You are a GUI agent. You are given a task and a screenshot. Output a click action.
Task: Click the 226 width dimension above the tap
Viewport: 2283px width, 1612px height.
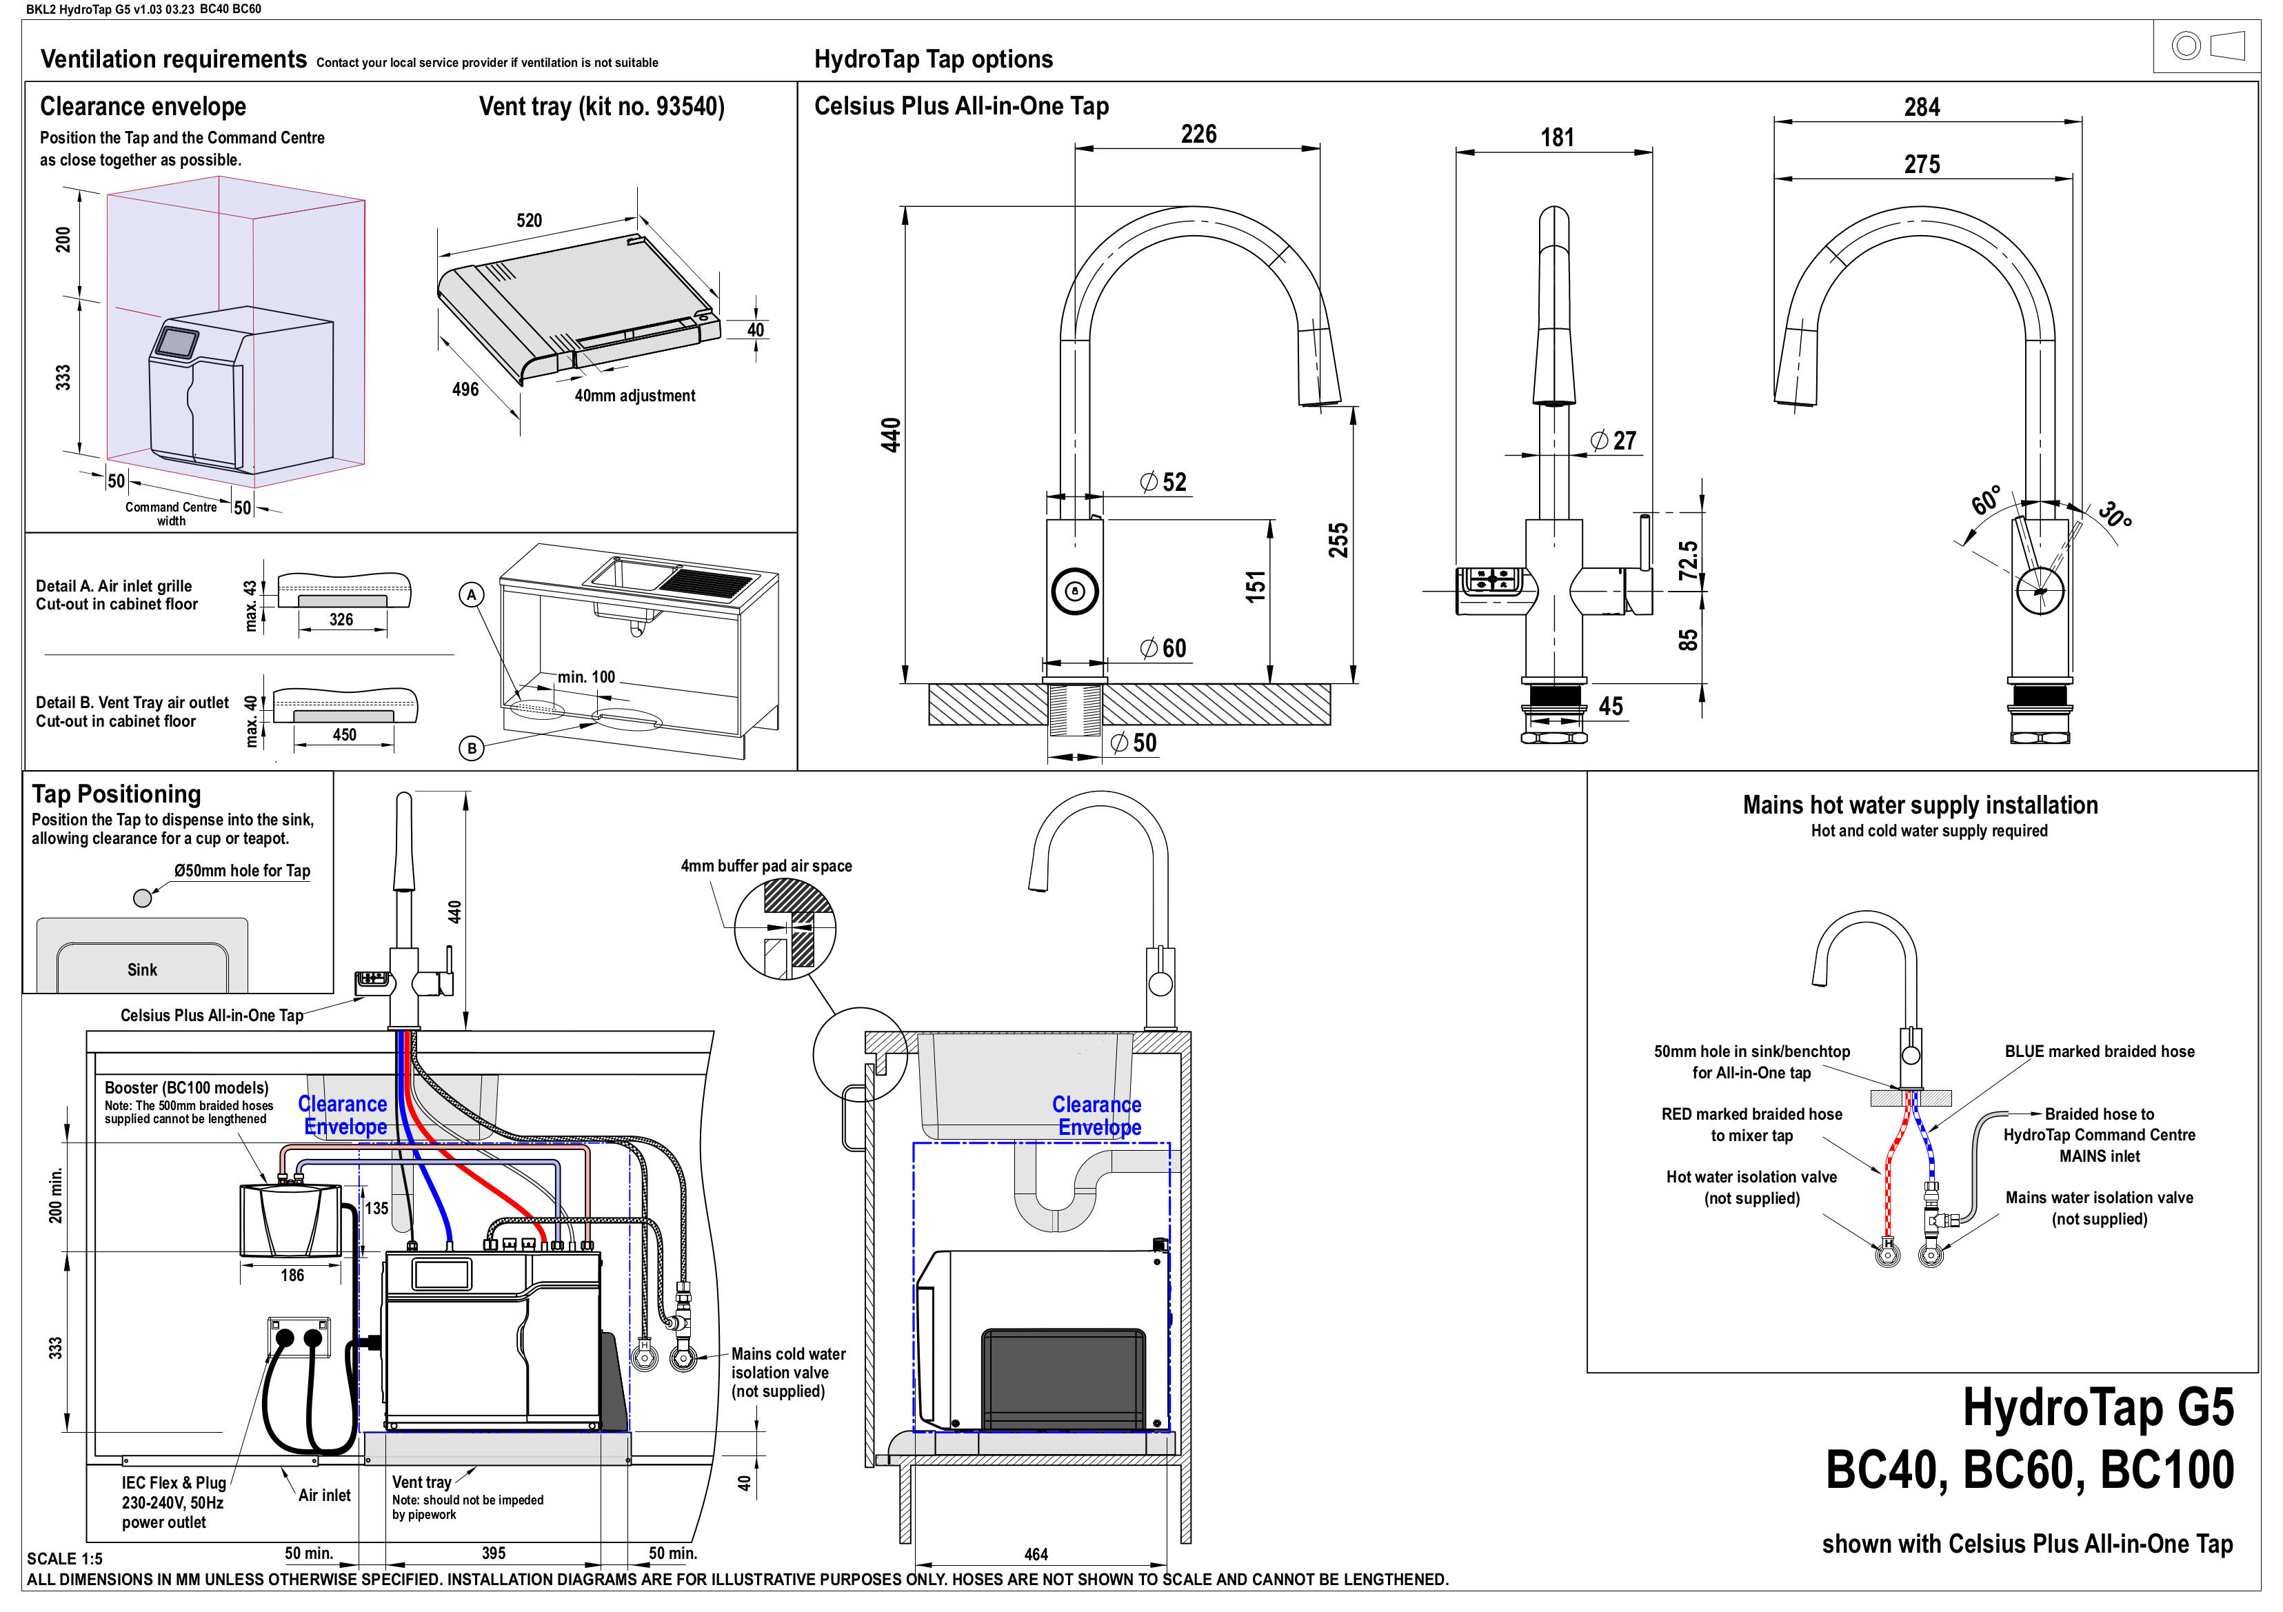click(x=1198, y=134)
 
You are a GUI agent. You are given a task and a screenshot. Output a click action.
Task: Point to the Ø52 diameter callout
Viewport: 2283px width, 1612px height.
click(x=1165, y=483)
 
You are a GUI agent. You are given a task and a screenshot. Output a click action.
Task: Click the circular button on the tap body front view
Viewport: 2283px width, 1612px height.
click(x=1074, y=591)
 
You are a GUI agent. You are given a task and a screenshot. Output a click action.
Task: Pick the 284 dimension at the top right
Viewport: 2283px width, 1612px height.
click(x=1921, y=108)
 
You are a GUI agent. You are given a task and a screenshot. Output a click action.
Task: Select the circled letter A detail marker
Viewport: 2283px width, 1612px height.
click(x=472, y=595)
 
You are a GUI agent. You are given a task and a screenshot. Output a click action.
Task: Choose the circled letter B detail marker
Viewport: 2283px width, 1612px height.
click(x=472, y=748)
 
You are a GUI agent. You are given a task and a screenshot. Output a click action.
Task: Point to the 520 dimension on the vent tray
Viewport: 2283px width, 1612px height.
click(x=529, y=221)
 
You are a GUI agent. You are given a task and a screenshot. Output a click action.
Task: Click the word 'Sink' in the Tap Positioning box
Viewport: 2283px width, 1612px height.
click(x=142, y=969)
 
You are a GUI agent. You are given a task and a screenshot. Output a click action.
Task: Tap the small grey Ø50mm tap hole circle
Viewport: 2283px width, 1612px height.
click(x=142, y=898)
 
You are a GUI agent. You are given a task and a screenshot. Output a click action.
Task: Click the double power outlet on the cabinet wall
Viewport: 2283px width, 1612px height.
click(x=299, y=1338)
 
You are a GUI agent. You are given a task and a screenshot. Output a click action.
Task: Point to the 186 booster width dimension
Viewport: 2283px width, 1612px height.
click(x=292, y=1275)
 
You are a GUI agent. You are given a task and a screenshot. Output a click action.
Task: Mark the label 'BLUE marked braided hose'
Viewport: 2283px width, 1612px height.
click(x=2099, y=1051)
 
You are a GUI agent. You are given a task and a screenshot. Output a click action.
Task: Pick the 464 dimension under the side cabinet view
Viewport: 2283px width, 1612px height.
click(x=1036, y=1553)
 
